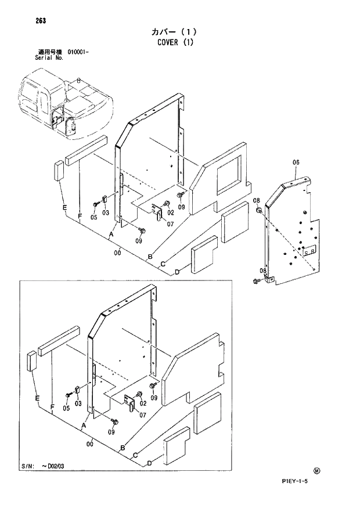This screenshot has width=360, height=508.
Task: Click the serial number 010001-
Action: [x=78, y=52]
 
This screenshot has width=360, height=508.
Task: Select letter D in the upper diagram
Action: [x=177, y=272]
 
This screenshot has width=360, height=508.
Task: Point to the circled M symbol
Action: [x=316, y=471]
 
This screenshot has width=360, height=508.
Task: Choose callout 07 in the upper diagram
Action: [x=170, y=225]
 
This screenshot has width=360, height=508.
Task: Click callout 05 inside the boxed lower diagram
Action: [x=66, y=408]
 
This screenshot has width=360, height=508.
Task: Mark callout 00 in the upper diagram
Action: [x=117, y=252]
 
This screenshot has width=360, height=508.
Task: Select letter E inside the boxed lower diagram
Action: [x=37, y=398]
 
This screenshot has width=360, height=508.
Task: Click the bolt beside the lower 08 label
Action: [x=256, y=282]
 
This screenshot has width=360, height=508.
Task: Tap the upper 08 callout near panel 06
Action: [x=255, y=200]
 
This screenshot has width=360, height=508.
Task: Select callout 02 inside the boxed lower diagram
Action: [x=142, y=403]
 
